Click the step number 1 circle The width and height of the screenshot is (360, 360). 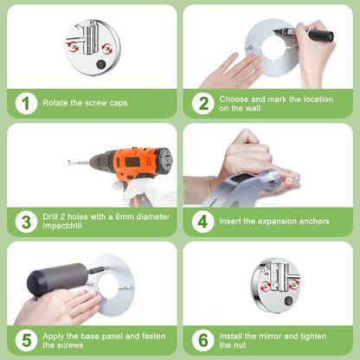26,103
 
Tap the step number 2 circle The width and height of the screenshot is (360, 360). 203,103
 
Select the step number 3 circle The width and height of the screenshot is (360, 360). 26,222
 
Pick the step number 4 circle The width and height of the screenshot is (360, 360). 203,222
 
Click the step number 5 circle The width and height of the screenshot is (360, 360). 26,340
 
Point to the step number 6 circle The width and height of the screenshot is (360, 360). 203,340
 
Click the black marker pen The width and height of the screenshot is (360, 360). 304,33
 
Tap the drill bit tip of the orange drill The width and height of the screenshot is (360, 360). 69,163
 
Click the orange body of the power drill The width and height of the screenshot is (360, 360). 138,163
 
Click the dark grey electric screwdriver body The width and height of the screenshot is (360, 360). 58,278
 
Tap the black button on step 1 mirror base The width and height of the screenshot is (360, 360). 100,64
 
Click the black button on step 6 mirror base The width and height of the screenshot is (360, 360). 288,301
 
